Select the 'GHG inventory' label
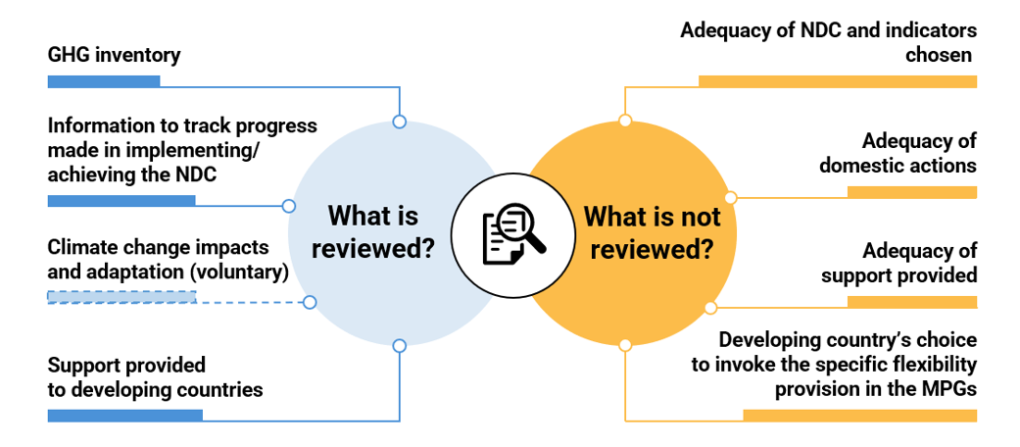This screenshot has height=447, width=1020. (x=114, y=55)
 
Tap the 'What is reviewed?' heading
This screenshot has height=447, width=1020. (x=372, y=231)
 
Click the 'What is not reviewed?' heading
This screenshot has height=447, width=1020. (x=652, y=231)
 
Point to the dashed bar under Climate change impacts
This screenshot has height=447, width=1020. (x=121, y=297)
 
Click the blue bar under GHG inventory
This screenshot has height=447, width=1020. (x=103, y=81)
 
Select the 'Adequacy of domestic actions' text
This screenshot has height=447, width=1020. (x=898, y=153)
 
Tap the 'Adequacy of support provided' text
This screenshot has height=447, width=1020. (x=899, y=263)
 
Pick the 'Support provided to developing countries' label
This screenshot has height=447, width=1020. (x=155, y=377)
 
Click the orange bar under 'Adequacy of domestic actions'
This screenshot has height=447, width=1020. (x=911, y=192)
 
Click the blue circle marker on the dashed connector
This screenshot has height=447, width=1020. (x=310, y=302)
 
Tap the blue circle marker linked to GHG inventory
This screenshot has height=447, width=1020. (x=399, y=122)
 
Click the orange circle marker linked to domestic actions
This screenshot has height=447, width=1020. (x=730, y=198)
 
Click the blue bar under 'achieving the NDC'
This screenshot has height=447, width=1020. (x=121, y=200)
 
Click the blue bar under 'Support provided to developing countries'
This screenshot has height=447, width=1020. (x=124, y=416)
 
